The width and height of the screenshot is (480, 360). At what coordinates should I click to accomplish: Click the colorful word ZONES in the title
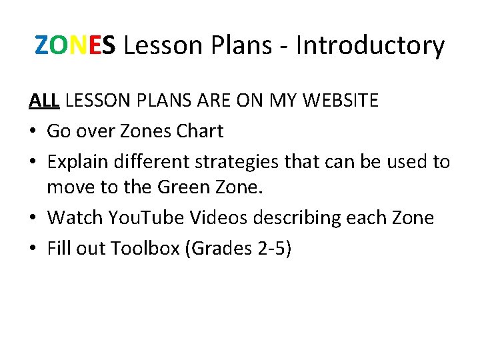click(x=75, y=46)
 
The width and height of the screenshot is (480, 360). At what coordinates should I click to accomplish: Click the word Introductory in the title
click(x=370, y=46)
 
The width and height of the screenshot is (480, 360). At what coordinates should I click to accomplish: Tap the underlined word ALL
click(x=45, y=101)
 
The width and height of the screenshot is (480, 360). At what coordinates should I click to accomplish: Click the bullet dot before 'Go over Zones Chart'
click(x=33, y=132)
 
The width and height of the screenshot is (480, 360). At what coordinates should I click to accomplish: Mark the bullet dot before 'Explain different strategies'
click(x=33, y=162)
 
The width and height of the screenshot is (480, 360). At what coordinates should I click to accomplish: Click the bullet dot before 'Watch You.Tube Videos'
click(x=33, y=219)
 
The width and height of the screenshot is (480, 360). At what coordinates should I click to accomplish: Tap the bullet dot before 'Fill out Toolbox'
click(x=33, y=249)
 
